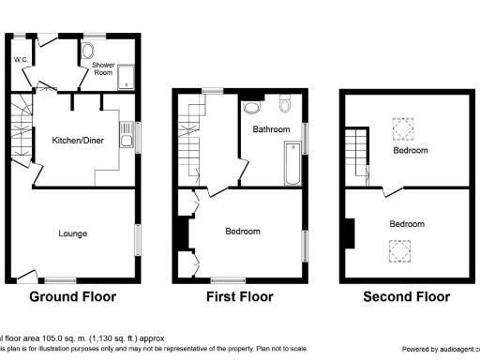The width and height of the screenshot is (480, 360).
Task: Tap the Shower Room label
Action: (x=103, y=67)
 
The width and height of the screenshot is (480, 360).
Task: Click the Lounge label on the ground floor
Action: (x=72, y=233)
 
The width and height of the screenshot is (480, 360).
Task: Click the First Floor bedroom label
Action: (x=243, y=231)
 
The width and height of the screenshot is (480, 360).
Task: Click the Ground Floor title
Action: (x=73, y=297)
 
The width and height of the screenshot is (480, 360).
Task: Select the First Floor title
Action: (x=240, y=297)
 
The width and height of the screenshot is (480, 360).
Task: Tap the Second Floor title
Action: (x=407, y=297)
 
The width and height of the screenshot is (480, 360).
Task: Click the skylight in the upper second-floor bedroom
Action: (x=402, y=127)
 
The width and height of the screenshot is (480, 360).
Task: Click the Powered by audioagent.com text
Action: (x=433, y=348)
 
